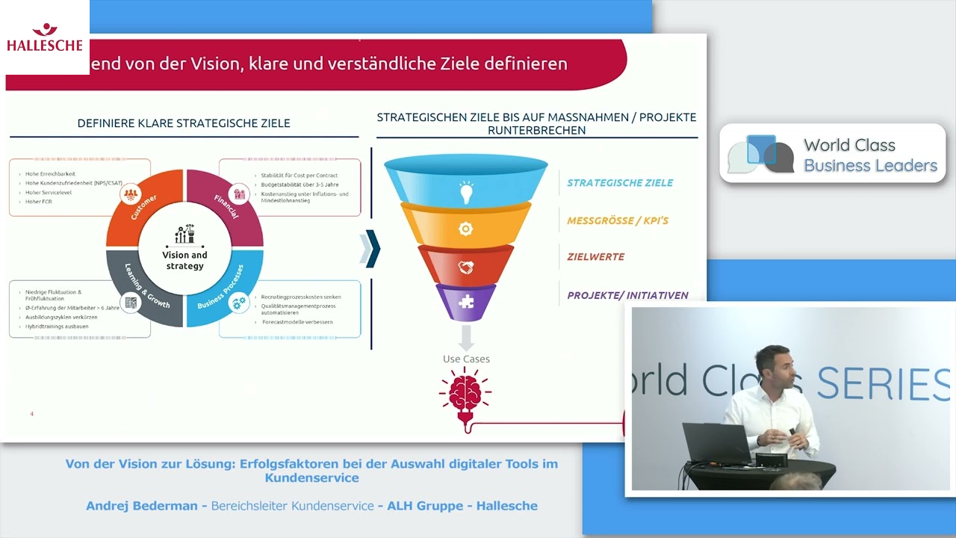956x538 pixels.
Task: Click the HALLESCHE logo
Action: click(x=45, y=37)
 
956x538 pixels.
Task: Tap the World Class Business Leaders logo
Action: click(x=833, y=154)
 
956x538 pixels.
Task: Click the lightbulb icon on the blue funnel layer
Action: click(x=466, y=193)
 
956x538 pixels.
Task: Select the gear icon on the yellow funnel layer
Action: click(x=465, y=229)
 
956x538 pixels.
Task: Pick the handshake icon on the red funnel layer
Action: click(x=465, y=266)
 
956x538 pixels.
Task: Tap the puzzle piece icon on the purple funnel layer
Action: click(x=466, y=302)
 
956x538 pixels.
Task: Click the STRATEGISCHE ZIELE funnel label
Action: click(x=620, y=183)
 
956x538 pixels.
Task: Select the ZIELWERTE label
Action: click(x=595, y=257)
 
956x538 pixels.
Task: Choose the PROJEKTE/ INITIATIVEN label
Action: click(x=627, y=295)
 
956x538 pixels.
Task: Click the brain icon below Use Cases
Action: click(x=465, y=391)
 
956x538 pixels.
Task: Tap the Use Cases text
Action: click(x=466, y=359)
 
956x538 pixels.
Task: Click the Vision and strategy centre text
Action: click(x=184, y=260)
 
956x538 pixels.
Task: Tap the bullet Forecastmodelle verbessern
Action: click(x=297, y=322)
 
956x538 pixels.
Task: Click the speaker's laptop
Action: click(x=716, y=445)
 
